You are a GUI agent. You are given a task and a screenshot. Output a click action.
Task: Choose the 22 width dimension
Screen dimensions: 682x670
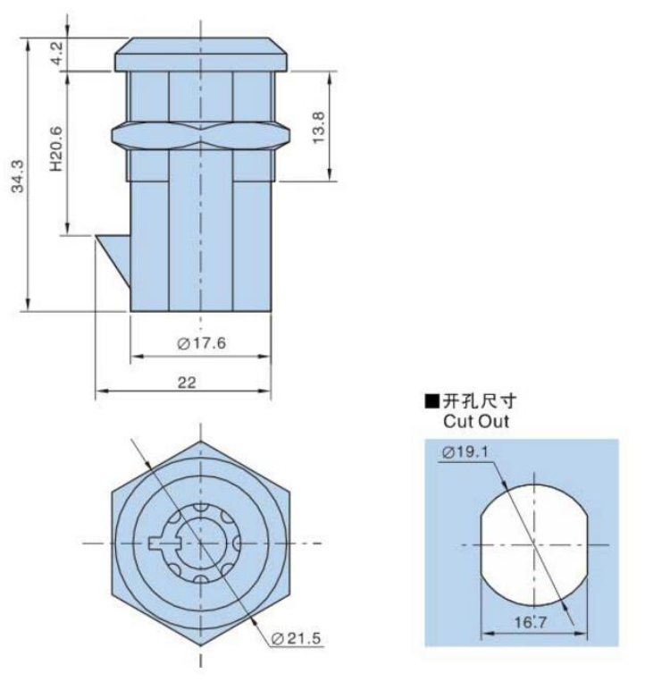coord(187,382)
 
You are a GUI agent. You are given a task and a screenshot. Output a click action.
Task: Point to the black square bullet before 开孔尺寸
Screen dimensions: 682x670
coord(431,402)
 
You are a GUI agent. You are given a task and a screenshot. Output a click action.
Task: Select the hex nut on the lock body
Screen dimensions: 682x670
coord(201,135)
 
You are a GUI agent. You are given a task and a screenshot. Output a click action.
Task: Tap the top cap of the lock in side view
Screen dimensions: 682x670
coord(201,55)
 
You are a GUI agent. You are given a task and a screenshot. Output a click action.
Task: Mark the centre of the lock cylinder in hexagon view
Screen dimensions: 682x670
coord(201,543)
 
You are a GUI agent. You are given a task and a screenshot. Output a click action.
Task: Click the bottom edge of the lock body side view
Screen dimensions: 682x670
coord(201,311)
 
